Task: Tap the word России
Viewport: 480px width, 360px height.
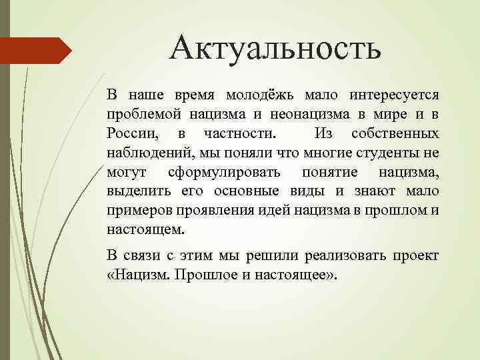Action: pos(129,135)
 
